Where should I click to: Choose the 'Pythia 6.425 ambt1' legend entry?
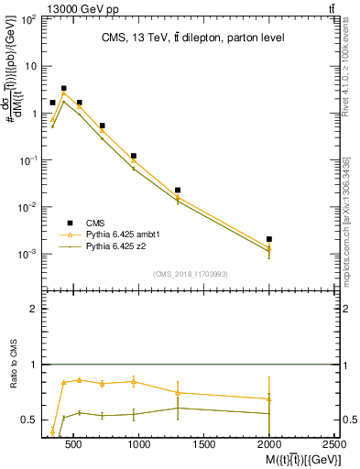click(100, 234)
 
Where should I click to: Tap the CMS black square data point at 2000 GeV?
click(269, 239)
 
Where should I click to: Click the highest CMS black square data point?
click(63, 89)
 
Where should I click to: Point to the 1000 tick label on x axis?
click(139, 444)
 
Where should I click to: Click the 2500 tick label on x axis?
click(335, 444)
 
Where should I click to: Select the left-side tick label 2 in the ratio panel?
click(34, 310)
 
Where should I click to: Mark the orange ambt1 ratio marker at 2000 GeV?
click(269, 398)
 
